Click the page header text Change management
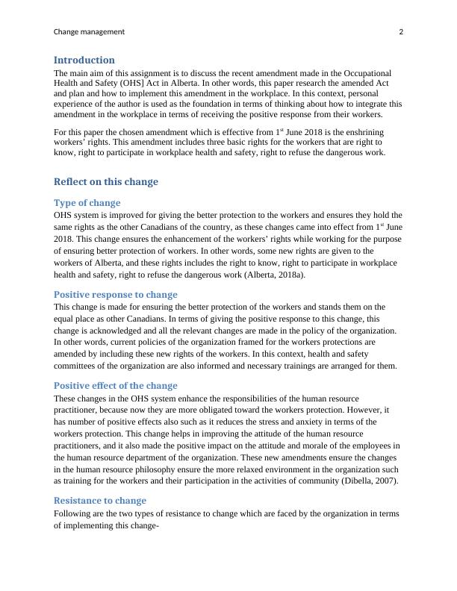[x=89, y=32]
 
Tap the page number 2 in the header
[x=401, y=32]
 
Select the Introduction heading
[x=84, y=60]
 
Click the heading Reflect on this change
[x=106, y=181]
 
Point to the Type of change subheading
[x=87, y=202]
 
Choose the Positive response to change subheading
[x=116, y=294]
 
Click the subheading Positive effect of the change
[x=116, y=386]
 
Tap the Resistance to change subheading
[x=100, y=501]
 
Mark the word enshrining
[x=360, y=131]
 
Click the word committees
[x=78, y=366]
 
